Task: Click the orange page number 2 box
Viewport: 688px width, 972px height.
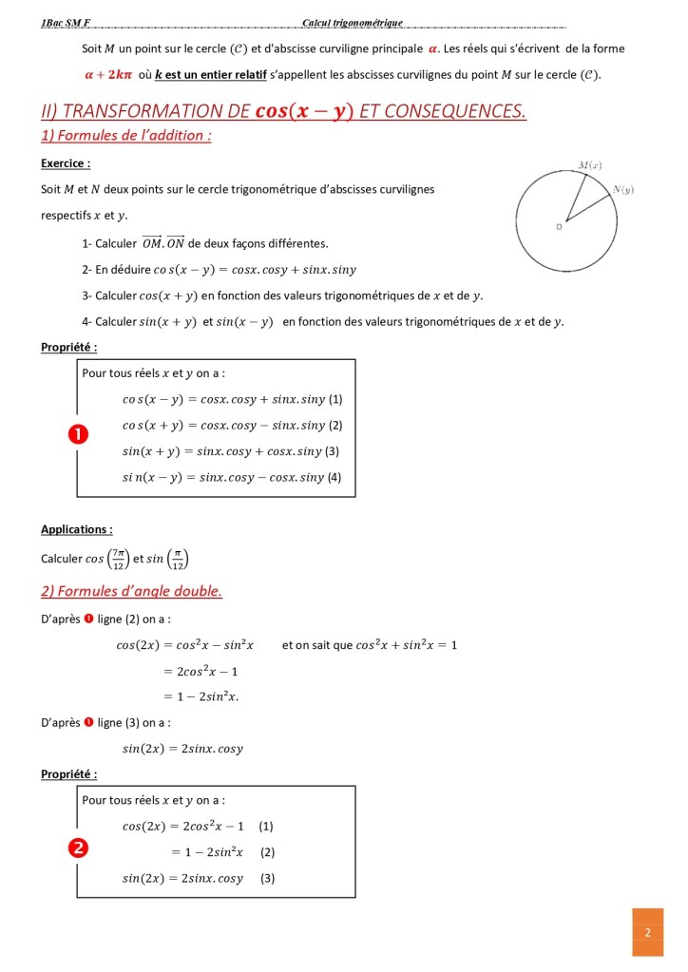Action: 647,931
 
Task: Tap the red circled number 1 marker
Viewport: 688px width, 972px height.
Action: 77,434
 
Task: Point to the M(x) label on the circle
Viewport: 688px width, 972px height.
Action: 590,165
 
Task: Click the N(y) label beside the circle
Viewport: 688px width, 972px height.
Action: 622,189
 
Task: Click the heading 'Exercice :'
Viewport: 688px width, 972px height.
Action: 66,163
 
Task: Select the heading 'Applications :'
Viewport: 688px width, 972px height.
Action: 77,529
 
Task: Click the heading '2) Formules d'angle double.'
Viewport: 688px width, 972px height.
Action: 131,591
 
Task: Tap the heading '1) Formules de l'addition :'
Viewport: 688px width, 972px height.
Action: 125,135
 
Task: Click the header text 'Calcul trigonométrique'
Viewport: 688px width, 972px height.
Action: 353,23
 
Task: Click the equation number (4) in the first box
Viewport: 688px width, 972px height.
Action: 334,477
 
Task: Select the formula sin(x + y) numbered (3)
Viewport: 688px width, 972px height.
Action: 223,451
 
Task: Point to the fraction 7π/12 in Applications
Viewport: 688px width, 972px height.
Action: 119,559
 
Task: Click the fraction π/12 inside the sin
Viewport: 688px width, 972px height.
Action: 178,559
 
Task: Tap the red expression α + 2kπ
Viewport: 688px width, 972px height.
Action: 106,74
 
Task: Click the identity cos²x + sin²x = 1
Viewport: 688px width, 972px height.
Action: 406,645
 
